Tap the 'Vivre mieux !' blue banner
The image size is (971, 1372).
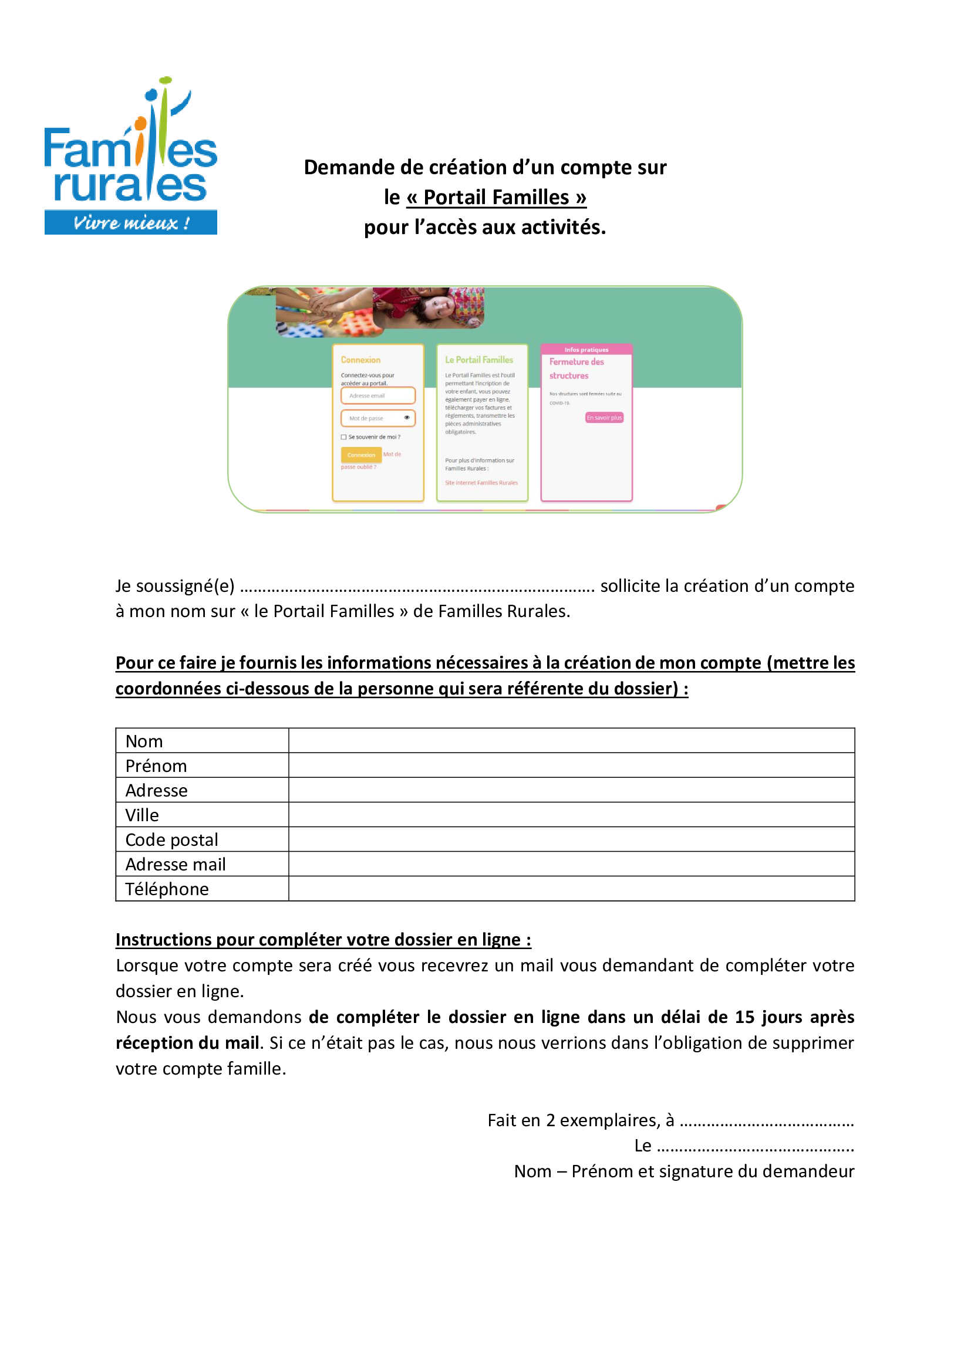(130, 222)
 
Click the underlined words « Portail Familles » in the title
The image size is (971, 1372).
(496, 197)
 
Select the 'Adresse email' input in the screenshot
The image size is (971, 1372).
(378, 395)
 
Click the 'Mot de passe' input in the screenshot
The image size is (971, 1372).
(375, 418)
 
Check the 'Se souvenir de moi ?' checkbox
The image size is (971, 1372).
(344, 437)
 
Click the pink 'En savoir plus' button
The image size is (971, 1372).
(604, 418)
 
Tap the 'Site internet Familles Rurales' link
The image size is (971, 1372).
(481, 483)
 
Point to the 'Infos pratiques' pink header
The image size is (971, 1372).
(586, 350)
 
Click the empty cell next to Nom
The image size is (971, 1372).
(571, 740)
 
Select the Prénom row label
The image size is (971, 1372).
(156, 765)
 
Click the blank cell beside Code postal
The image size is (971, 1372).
(571, 839)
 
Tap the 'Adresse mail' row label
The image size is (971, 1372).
(175, 864)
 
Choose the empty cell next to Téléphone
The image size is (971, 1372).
(571, 889)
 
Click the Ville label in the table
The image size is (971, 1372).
(142, 815)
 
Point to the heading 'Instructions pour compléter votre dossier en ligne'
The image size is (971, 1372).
(323, 939)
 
